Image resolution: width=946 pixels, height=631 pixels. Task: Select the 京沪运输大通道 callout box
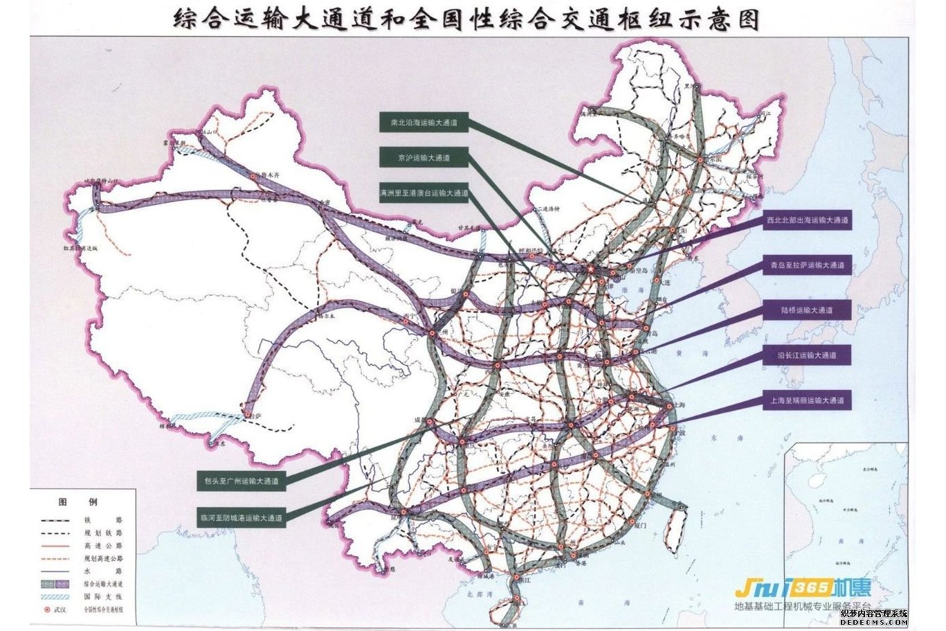pos(424,157)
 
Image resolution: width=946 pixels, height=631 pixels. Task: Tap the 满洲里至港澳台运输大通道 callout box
pos(424,193)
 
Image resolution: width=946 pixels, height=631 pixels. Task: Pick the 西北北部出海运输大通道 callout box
pos(807,221)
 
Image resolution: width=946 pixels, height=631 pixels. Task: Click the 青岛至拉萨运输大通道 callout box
pos(807,265)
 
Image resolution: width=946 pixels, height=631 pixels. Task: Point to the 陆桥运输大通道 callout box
pos(807,310)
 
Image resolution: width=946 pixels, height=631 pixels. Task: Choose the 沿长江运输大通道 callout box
pos(807,355)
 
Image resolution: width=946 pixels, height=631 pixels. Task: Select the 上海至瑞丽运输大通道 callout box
pos(807,400)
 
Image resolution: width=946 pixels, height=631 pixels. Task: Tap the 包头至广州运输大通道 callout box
pos(241,480)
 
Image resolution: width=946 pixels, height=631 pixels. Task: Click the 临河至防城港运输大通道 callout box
pos(241,517)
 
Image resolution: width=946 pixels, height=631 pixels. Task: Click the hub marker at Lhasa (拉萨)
pos(247,415)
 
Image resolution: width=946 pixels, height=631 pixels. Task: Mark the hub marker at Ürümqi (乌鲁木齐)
pos(253,177)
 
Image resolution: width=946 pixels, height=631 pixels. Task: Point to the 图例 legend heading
pos(78,502)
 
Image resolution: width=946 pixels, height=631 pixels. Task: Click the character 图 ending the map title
pos(746,19)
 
